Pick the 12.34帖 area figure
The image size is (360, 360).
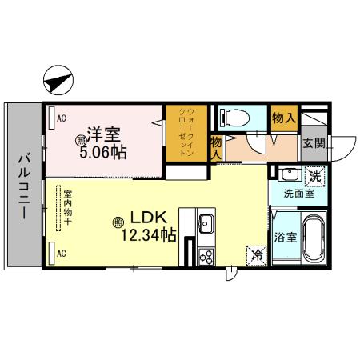tap(148, 235)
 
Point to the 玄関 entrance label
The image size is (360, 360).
tap(314, 143)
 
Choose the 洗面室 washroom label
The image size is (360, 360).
tap(298, 193)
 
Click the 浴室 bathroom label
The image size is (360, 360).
tap(284, 237)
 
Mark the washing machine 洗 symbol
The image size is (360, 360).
tap(316, 174)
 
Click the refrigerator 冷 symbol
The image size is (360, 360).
tap(258, 255)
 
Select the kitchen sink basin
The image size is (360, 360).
tap(205, 222)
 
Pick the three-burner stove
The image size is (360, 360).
tap(205, 256)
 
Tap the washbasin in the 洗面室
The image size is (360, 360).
tap(289, 175)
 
